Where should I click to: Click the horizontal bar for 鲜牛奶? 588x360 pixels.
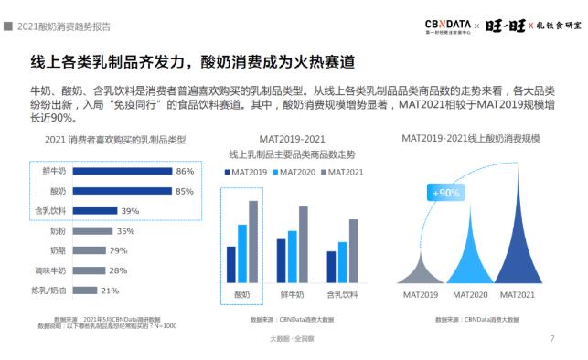tap(122, 171)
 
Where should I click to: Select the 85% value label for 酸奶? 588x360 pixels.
tap(185, 191)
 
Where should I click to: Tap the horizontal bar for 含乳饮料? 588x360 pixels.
tap(94, 210)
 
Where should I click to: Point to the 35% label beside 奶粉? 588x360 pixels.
tap(126, 231)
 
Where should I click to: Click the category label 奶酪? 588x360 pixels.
tap(58, 250)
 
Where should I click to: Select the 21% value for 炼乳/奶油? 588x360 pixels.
tap(110, 291)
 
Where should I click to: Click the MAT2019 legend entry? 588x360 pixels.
tap(247, 171)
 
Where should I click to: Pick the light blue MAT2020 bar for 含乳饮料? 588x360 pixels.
tap(342, 262)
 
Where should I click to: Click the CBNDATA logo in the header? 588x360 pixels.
tap(447, 24)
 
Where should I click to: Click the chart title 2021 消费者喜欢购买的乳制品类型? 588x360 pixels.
tap(115, 140)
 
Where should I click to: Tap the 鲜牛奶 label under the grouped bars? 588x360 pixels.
tap(292, 294)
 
